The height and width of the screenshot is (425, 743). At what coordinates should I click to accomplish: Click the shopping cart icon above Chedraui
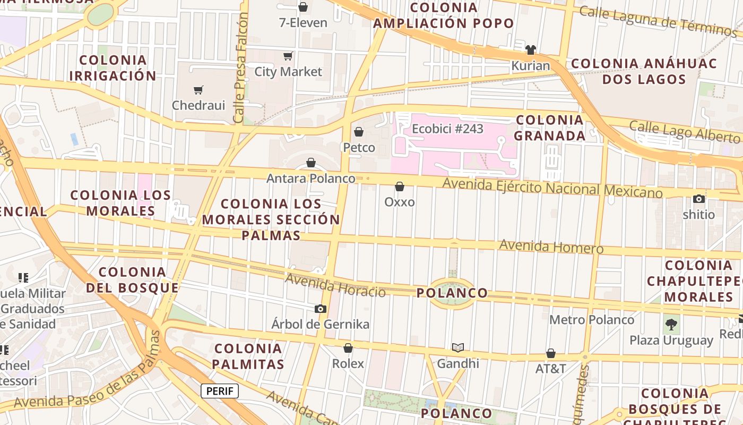(198, 90)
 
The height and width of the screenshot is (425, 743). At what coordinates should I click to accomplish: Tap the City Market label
(288, 72)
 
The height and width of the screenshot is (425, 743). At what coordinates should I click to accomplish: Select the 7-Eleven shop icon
(303, 7)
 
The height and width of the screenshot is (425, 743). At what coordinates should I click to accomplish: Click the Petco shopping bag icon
(359, 132)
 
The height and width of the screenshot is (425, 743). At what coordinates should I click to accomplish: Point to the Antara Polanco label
(310, 178)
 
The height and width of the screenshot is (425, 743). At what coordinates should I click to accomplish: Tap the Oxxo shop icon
(400, 186)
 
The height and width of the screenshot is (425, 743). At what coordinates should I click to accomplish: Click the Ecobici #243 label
(447, 129)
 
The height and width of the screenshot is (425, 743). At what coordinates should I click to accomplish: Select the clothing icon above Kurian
(530, 50)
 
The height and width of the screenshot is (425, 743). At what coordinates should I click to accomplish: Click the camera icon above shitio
(699, 199)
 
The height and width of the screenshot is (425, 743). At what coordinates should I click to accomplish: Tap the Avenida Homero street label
(551, 246)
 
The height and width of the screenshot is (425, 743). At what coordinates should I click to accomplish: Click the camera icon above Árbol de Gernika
(320, 309)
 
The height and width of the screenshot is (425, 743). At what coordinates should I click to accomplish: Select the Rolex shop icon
(348, 348)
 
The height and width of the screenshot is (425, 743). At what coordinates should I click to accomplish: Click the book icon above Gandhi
(457, 347)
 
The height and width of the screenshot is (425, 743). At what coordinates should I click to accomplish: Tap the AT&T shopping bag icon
(551, 353)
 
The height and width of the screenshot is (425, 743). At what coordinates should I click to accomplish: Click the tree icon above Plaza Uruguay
(671, 324)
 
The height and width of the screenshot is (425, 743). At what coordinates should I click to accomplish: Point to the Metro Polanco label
(592, 320)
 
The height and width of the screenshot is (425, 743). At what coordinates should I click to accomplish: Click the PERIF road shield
(220, 391)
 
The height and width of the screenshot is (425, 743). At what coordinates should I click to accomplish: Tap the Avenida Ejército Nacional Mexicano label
(552, 188)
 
